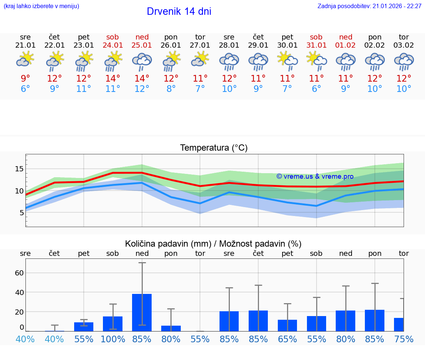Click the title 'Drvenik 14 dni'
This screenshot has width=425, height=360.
(x=179, y=11)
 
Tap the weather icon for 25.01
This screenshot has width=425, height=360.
(x=142, y=61)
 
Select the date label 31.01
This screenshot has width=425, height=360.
(x=316, y=45)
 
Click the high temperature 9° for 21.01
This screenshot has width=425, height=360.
(x=25, y=79)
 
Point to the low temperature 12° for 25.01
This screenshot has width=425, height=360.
(x=142, y=89)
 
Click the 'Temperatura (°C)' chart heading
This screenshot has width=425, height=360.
(x=214, y=148)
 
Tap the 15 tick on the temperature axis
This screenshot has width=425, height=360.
(x=19, y=169)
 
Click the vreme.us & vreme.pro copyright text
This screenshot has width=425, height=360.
(x=315, y=176)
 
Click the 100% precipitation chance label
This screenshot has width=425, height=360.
(x=113, y=339)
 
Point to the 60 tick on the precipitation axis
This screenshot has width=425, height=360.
(x=19, y=273)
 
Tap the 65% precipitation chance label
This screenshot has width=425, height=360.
(x=287, y=339)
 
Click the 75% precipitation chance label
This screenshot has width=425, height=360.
(x=404, y=339)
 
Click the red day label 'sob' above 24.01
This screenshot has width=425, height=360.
(x=113, y=37)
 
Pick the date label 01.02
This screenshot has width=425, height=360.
(x=346, y=45)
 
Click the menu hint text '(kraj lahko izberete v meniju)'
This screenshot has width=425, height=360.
(x=41, y=6)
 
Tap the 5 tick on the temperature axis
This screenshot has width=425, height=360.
(x=21, y=213)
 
